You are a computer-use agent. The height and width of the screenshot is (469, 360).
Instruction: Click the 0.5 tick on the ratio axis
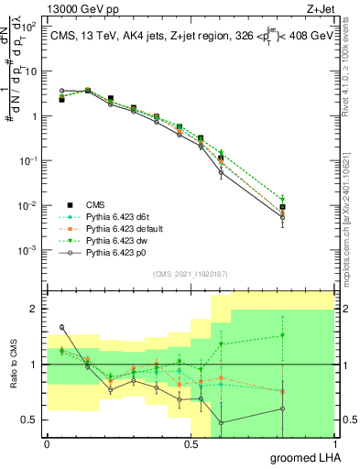(x=30, y=420)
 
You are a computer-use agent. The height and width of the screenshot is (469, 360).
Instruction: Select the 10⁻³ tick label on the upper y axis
(x=28, y=250)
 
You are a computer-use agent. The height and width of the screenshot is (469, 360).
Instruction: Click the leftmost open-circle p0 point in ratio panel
(x=61, y=327)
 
